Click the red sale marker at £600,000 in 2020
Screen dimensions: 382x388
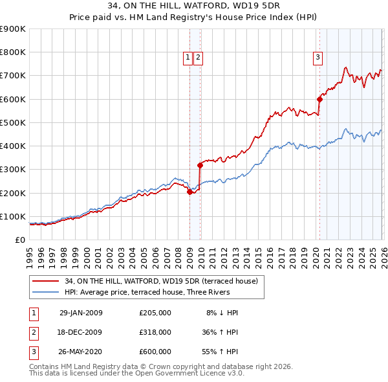(x=319, y=99)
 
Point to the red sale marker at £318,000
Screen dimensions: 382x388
(x=200, y=165)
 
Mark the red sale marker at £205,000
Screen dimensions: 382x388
(x=189, y=192)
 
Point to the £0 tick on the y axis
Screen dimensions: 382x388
(x=20, y=240)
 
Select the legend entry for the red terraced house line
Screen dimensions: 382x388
(x=161, y=281)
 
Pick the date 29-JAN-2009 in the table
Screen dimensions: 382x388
(x=81, y=313)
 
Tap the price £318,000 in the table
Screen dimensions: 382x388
(x=155, y=332)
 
